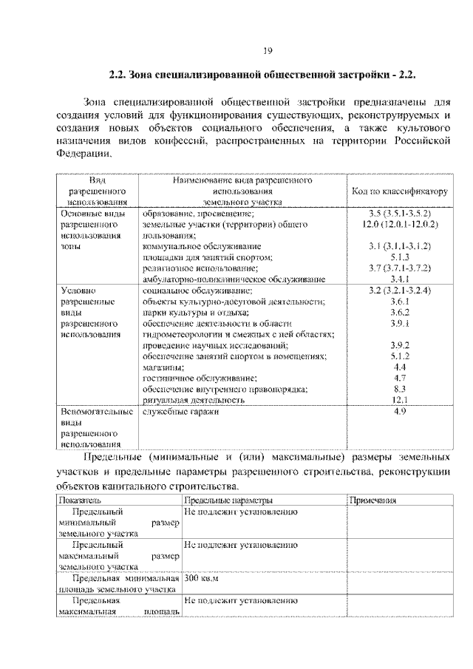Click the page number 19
coord(268,50)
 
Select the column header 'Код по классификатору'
coord(400,191)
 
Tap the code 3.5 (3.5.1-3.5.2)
coord(400,212)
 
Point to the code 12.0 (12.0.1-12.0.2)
coord(400,223)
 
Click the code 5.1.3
coord(400,257)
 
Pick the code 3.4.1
coord(400,279)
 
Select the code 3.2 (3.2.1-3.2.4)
coord(400,291)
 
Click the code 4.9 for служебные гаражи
coord(400,410)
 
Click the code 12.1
coord(400,399)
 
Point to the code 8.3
coord(400,388)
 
